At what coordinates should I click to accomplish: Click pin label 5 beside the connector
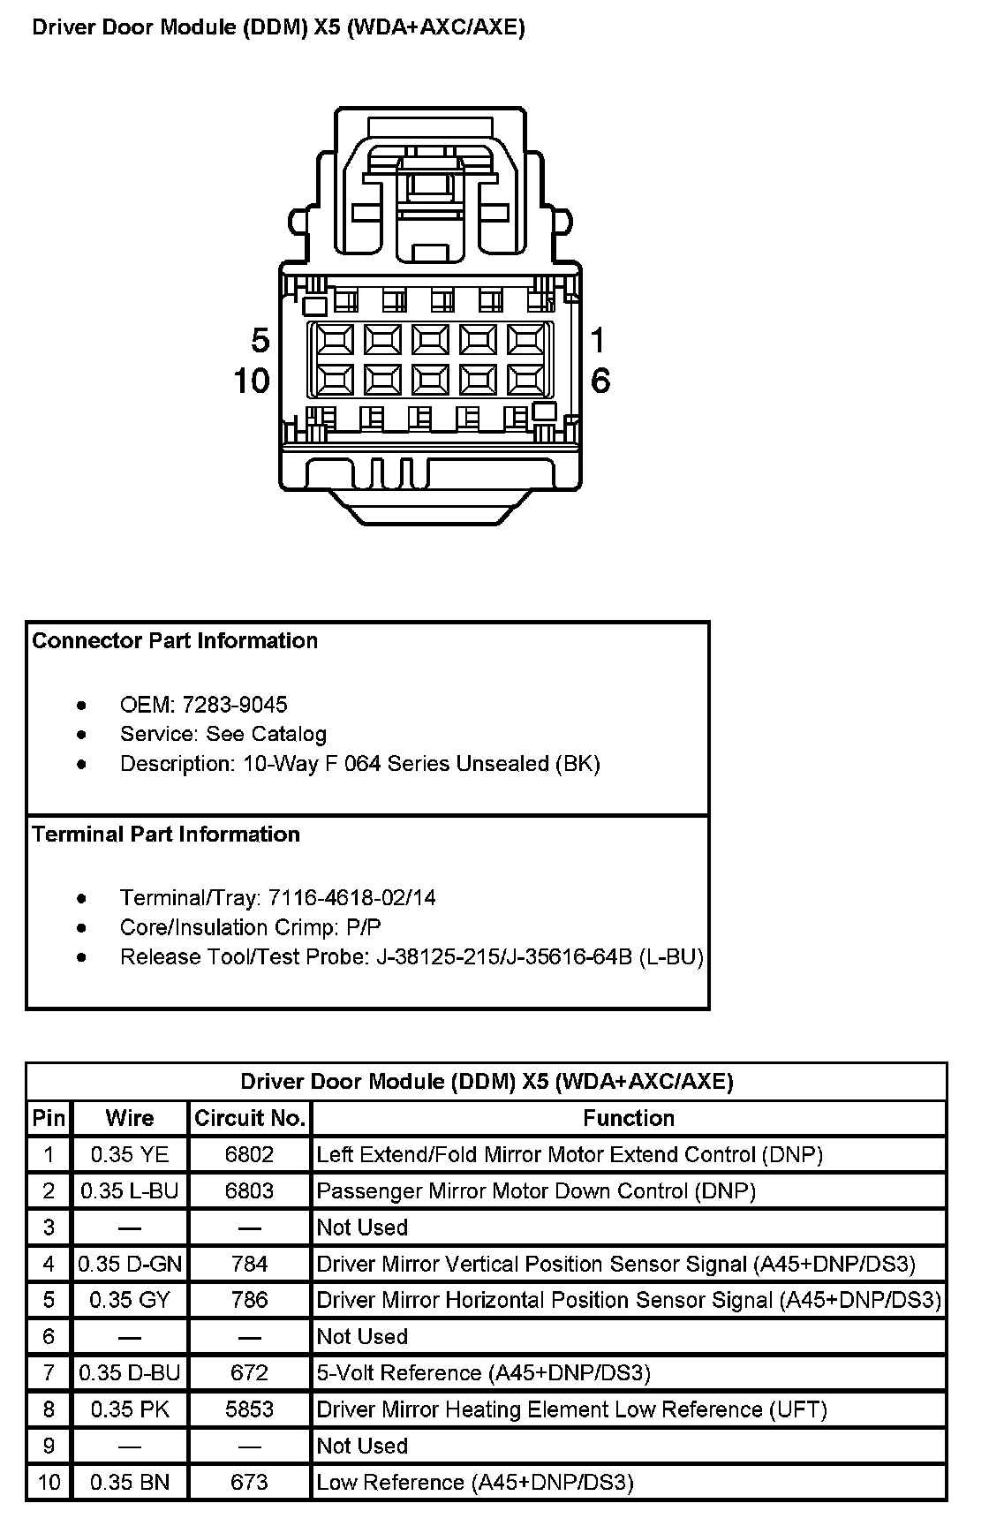(260, 340)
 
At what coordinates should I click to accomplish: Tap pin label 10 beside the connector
(252, 381)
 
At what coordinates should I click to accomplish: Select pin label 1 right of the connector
(599, 340)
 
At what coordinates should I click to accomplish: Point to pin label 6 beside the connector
(600, 381)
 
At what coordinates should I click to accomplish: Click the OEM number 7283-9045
(234, 705)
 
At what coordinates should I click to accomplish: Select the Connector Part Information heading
(175, 640)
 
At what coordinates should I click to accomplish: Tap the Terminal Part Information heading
(166, 835)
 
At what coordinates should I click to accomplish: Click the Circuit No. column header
(250, 1118)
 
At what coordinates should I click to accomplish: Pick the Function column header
(629, 1118)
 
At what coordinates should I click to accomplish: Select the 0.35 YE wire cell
(130, 1154)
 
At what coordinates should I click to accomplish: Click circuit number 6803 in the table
(250, 1190)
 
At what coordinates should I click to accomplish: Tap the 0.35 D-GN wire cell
(130, 1264)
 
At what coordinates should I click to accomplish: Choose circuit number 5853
(250, 1409)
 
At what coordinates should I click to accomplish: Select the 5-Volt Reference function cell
(484, 1373)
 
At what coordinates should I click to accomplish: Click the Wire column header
(130, 1118)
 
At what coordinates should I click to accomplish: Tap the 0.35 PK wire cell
(130, 1409)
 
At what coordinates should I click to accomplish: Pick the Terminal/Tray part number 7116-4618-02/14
(351, 898)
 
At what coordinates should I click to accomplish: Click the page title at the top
(278, 27)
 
